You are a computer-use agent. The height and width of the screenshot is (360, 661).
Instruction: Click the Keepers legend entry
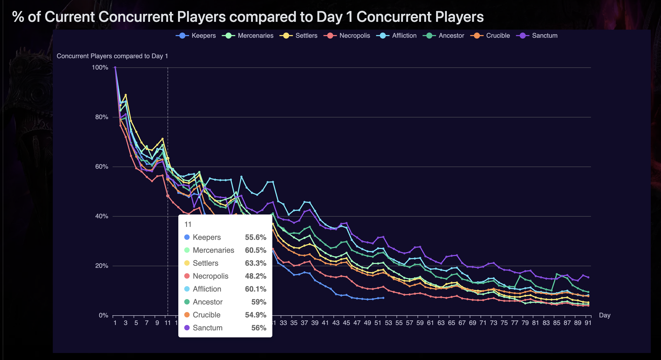coord(196,36)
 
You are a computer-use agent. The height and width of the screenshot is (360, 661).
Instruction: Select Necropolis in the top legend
coord(347,36)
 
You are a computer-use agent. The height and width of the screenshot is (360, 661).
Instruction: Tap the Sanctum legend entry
coord(537,36)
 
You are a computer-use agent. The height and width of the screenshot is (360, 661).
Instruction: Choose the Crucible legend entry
coord(490,36)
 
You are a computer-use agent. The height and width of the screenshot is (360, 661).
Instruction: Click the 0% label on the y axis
coord(103,315)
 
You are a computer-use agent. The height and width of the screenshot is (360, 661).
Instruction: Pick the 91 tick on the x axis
coord(588,323)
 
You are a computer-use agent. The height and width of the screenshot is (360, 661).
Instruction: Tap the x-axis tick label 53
coord(388,323)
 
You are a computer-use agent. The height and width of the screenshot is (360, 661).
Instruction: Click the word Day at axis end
coord(604,315)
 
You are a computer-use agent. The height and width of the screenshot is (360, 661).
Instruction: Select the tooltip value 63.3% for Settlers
coord(255,263)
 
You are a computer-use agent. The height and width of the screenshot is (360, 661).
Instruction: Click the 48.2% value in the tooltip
coord(255,276)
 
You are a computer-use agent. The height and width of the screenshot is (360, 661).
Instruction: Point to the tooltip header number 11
coord(188,224)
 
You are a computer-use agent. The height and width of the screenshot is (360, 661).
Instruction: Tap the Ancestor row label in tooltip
coord(207,302)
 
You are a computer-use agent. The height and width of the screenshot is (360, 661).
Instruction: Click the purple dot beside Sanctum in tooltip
coord(187,328)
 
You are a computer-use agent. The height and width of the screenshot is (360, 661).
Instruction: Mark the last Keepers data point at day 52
coord(383,298)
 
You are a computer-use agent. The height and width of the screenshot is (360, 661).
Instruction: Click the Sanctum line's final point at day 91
coord(588,277)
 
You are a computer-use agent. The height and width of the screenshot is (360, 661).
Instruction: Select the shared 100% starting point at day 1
coord(115,67)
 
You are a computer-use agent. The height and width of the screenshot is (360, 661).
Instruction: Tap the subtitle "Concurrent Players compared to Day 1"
coord(112,56)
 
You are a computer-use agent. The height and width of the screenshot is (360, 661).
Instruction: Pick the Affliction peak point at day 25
coord(241,177)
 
